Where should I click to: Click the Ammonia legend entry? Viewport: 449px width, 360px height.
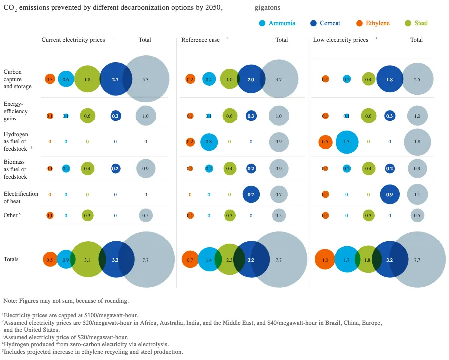point(282,23)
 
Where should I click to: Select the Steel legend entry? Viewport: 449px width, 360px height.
point(421,23)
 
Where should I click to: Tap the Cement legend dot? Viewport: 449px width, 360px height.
point(313,23)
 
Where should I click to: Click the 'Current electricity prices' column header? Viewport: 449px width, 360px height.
point(73,40)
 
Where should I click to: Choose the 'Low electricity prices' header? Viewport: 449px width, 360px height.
point(340,40)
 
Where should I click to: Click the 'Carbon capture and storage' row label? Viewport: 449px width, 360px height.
point(17,79)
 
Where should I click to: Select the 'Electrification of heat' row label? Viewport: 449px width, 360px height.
point(21,197)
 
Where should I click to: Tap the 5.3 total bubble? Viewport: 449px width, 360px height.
point(145,79)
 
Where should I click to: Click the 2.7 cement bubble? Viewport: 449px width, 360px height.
point(115,79)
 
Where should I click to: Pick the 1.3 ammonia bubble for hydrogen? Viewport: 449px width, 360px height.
point(347,142)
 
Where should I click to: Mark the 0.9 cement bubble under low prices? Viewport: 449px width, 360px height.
point(389,194)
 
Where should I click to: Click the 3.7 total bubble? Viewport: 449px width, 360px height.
point(279,79)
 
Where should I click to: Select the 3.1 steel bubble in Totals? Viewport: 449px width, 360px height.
point(87,260)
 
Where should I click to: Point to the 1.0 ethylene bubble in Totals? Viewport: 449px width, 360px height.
point(325,260)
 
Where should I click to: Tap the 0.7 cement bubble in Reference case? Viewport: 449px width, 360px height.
point(251,194)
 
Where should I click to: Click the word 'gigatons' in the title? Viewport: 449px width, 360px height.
point(267,8)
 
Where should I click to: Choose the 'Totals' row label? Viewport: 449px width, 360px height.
point(11,260)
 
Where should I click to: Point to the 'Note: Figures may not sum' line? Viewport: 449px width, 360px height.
point(66,301)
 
